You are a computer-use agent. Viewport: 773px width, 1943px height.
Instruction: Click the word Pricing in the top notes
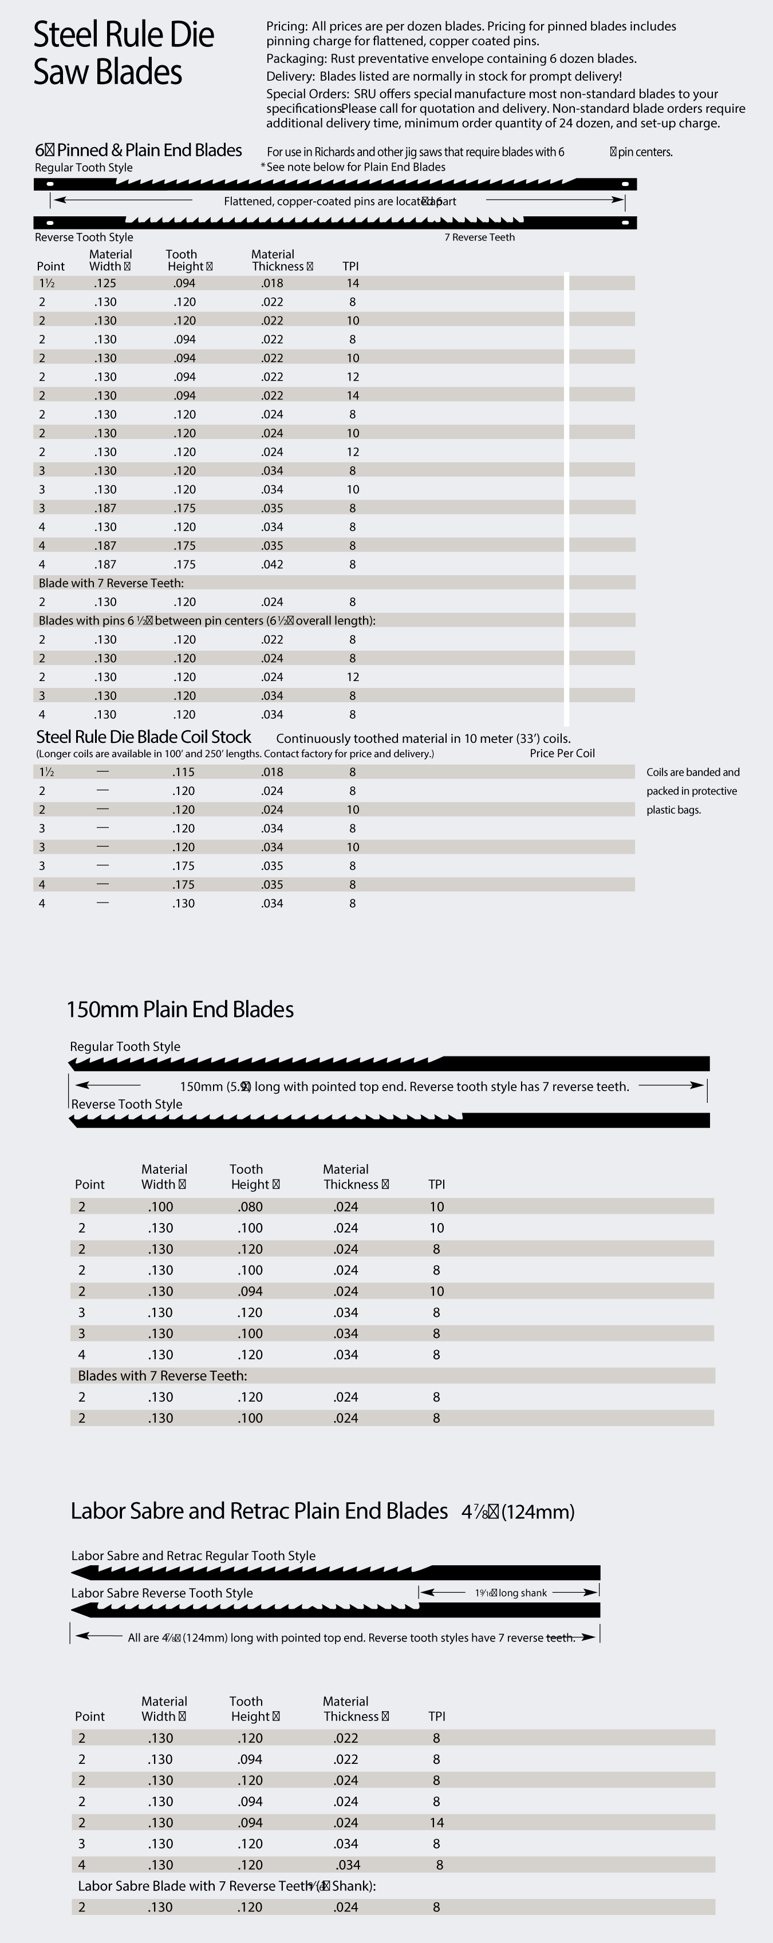pyautogui.click(x=286, y=26)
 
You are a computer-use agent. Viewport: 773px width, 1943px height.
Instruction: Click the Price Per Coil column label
pyautogui.click(x=562, y=754)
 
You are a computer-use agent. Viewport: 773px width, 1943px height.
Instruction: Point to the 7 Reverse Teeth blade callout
pyautogui.click(x=479, y=238)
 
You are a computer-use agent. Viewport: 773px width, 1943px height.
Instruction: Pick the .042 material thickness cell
pyautogui.click(x=272, y=564)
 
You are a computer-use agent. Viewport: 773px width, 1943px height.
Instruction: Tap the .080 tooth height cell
pyautogui.click(x=250, y=1207)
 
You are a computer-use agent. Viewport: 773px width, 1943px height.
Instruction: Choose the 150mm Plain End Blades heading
pyautogui.click(x=180, y=1010)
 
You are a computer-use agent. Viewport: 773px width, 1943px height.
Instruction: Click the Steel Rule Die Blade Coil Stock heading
pyautogui.click(x=143, y=737)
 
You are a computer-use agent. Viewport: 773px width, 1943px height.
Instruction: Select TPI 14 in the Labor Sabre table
pyautogui.click(x=436, y=1822)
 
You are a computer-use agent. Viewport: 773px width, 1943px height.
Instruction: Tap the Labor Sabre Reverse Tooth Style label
pyautogui.click(x=161, y=1593)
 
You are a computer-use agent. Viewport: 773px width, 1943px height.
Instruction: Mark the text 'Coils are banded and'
pyautogui.click(x=692, y=773)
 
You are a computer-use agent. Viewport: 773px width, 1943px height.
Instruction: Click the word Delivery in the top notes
pyautogui.click(x=290, y=76)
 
